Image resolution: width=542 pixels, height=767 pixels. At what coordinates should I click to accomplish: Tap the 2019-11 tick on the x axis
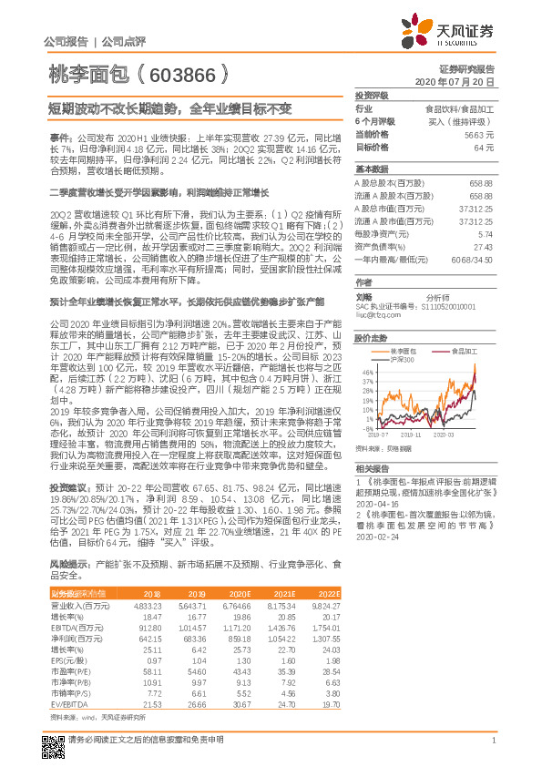(x=425, y=435)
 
